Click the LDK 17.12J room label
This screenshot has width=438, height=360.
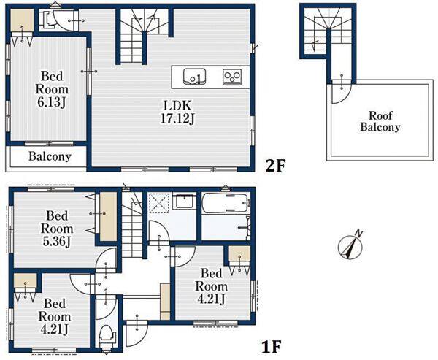point(177,112)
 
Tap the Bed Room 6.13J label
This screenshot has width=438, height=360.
point(52,89)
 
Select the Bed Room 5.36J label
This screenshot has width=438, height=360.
point(57,229)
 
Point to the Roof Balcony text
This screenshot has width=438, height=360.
point(380,121)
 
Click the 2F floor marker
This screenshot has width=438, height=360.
point(275,166)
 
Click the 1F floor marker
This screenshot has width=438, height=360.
point(271,347)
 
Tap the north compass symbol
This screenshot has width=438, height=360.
point(350,245)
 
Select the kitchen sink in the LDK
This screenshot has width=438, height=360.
point(194,76)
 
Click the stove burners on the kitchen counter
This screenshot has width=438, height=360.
point(232,76)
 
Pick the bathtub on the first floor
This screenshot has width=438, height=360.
point(226,203)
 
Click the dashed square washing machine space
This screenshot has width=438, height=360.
point(158,202)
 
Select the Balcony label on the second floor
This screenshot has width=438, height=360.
point(50,156)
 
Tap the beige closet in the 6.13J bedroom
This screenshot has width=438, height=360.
point(23,20)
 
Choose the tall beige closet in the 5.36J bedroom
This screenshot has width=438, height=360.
point(108,216)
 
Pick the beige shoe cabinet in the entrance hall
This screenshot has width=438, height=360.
point(166,302)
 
